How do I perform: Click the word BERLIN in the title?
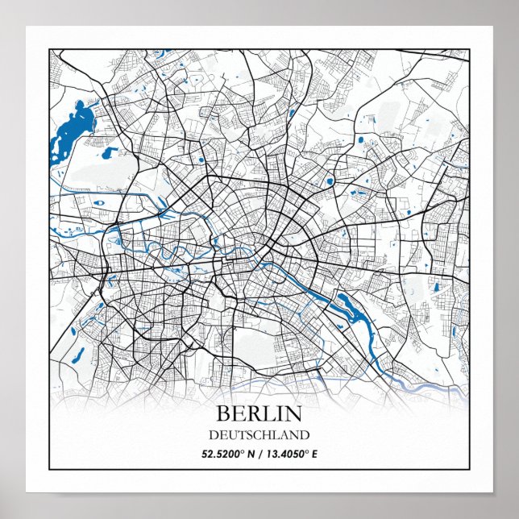click(x=259, y=414)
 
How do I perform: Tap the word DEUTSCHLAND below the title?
click(x=259, y=435)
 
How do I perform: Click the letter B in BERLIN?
click(x=223, y=414)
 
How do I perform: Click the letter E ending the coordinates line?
click(x=314, y=454)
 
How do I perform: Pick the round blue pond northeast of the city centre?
click(x=330, y=181)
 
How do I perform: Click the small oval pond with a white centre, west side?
click(x=98, y=203)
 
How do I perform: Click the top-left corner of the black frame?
click(x=50, y=49)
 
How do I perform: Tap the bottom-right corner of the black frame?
click(x=469, y=468)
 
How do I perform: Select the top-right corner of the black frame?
click(x=469, y=49)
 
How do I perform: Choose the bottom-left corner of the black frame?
click(x=50, y=468)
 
